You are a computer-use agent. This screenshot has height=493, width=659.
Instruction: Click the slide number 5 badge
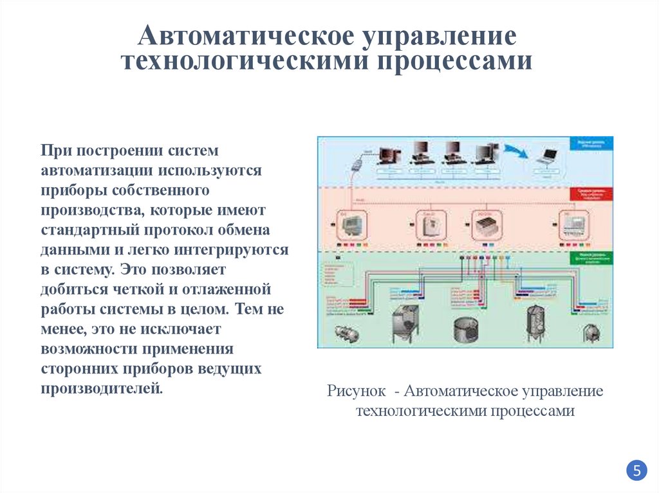pyautogui.click(x=636, y=470)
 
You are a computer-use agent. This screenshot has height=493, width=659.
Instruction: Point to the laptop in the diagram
pyautogui.click(x=548, y=156)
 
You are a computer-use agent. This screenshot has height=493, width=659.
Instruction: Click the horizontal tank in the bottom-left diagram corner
pyautogui.click(x=343, y=333)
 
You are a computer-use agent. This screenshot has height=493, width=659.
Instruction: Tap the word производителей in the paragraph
pyautogui.click(x=102, y=388)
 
